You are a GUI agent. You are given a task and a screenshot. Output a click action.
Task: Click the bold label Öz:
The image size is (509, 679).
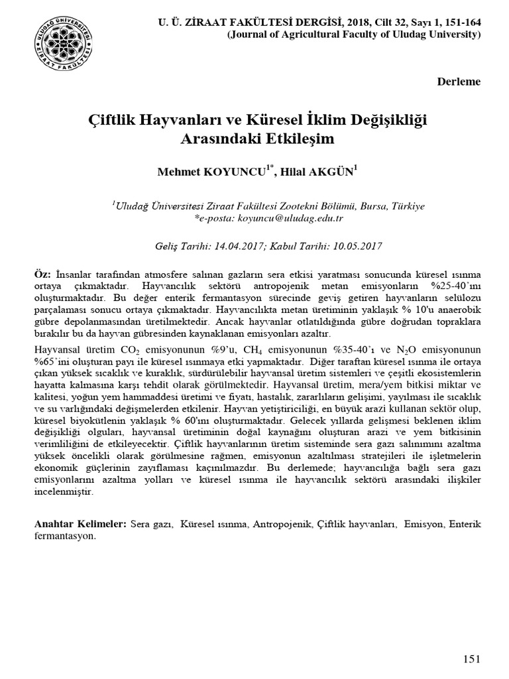point(42,275)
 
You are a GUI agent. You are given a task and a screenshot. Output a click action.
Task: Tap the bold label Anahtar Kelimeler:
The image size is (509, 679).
point(80,525)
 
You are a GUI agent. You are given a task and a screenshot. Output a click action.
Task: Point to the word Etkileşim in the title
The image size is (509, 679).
point(298,140)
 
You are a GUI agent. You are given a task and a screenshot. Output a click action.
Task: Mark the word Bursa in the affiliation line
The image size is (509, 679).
point(361,206)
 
